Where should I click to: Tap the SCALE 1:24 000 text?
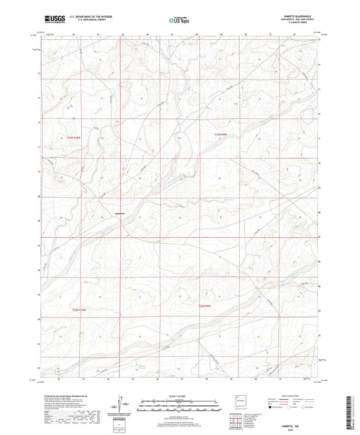coord(180,395)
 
